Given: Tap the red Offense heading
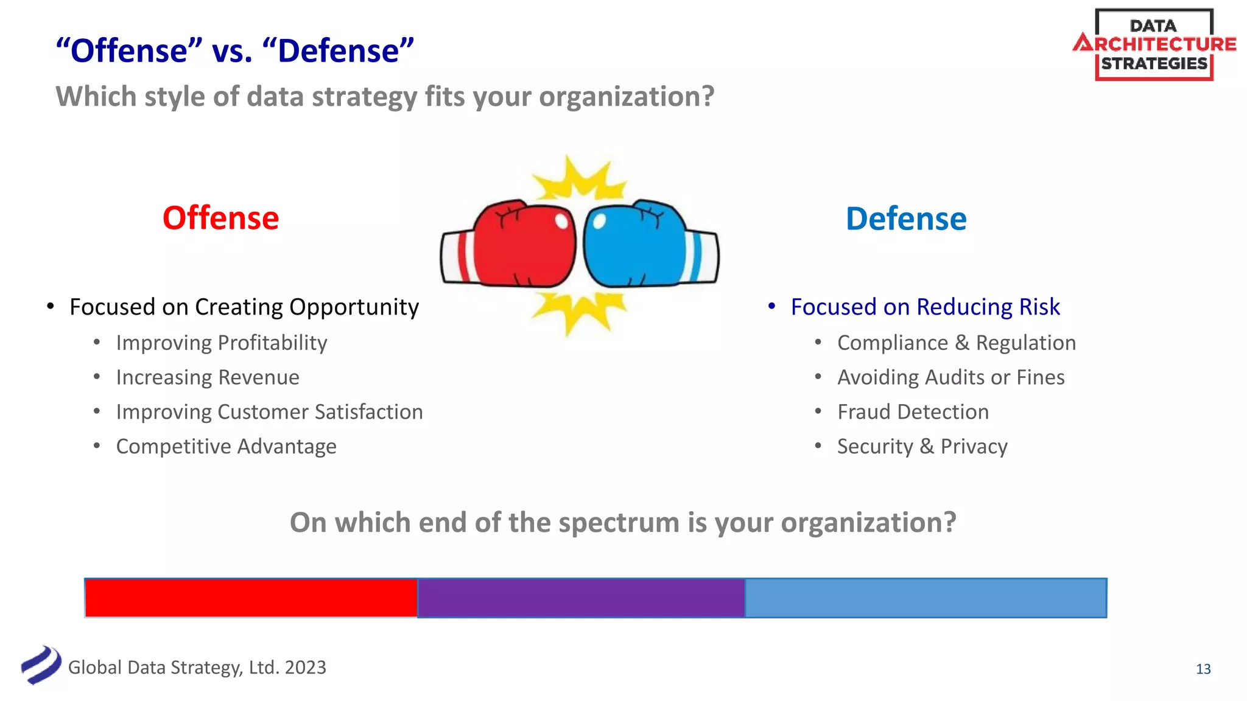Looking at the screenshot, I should (x=220, y=218).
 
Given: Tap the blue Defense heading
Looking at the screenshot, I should (x=905, y=219).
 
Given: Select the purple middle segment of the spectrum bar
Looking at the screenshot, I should (x=581, y=598).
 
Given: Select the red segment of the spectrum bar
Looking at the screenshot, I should (x=251, y=598).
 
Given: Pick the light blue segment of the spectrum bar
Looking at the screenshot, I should (x=926, y=598).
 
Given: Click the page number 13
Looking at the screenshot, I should (x=1203, y=669).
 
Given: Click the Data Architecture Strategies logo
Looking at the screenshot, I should (x=1154, y=44).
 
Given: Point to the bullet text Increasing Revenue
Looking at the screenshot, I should (x=208, y=377).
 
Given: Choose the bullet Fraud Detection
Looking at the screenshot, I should (x=913, y=412).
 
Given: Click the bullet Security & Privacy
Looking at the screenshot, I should (x=922, y=447).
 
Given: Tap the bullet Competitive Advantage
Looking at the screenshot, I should (x=226, y=447).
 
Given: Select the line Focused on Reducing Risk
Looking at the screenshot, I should (x=925, y=307).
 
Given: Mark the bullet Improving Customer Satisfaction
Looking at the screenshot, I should (x=269, y=412).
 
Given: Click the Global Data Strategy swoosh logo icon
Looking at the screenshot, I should (x=41, y=665).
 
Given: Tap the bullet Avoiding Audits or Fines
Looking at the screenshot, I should (x=950, y=377).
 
